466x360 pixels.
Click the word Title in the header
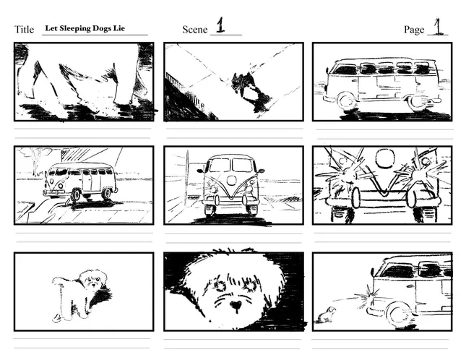24,30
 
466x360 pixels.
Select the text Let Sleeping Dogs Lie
85,28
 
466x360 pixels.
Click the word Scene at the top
194,30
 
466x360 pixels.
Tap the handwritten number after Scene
220,25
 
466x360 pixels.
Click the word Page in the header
414,30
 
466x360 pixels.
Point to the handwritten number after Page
438,27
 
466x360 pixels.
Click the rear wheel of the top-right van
418,103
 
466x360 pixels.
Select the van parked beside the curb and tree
80,181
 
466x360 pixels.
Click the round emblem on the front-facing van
231,179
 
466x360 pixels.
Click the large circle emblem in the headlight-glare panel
385,159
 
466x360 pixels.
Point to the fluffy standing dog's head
93,280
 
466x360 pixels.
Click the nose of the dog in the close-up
236,305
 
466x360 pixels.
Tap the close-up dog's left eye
220,286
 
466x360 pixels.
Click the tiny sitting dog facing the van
327,314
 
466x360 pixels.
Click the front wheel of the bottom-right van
398,314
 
